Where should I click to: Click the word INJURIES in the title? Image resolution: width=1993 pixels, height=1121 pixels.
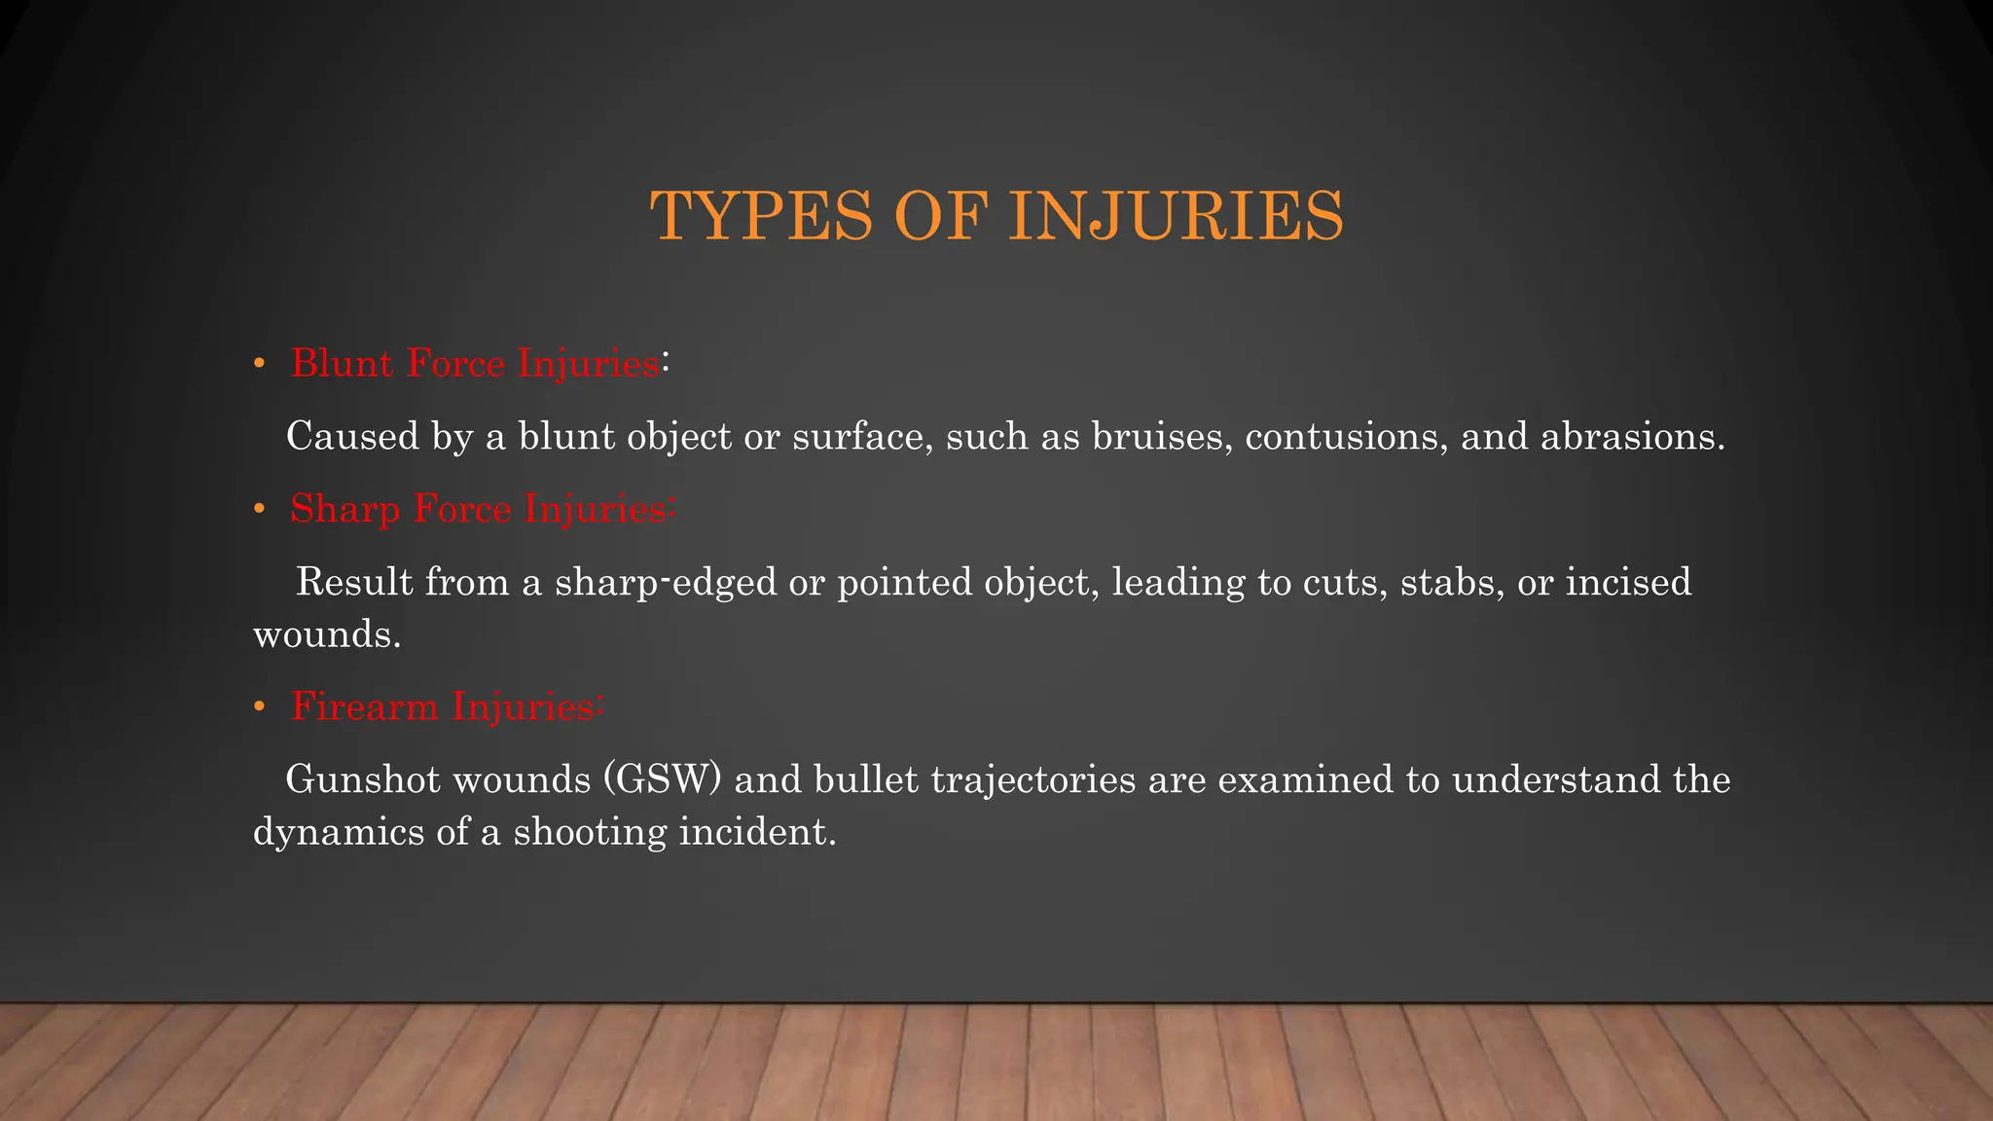coord(1177,216)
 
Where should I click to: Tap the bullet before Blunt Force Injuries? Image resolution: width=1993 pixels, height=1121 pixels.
coord(259,365)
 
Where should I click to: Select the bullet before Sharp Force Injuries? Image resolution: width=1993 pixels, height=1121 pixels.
coord(259,510)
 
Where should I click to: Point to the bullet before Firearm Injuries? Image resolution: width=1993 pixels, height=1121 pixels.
coord(259,707)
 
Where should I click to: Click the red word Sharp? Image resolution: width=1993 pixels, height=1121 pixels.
coord(345,510)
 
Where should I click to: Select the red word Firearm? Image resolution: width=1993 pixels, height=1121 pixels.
coord(365,706)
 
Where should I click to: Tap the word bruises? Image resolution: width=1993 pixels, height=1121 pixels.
coord(1162,436)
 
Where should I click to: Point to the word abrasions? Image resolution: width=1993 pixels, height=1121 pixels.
coord(1632,436)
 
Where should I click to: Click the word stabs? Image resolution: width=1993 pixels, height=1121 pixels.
coord(1451,582)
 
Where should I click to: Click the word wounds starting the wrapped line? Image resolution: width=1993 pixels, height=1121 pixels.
coord(326,634)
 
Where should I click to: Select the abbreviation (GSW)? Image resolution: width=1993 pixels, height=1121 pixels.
coord(663,779)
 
